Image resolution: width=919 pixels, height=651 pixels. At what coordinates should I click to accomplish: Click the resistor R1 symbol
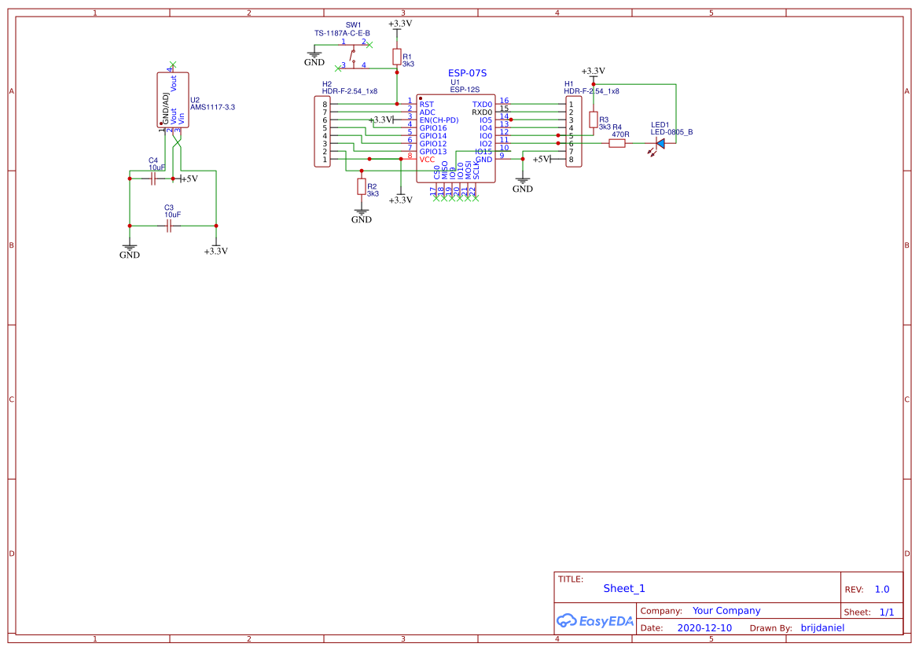point(396,57)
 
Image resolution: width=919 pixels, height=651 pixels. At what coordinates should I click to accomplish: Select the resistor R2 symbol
point(361,186)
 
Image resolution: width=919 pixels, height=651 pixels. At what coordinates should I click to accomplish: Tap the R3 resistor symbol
point(593,119)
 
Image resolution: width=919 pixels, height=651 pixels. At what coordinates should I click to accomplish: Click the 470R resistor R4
point(617,143)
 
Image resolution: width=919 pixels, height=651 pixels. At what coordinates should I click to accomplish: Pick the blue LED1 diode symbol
point(660,143)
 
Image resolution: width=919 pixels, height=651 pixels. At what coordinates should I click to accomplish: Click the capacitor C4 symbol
point(154,178)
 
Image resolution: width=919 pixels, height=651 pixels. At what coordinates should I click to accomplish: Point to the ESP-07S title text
point(467,73)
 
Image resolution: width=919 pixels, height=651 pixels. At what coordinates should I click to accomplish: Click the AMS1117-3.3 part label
point(212,107)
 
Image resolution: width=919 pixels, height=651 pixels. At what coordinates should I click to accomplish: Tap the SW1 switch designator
point(354,25)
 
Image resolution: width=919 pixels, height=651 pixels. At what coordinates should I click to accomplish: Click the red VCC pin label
point(427,160)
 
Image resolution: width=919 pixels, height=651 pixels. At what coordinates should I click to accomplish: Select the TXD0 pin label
point(482,104)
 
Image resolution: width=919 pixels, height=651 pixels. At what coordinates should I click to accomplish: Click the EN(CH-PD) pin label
point(439,120)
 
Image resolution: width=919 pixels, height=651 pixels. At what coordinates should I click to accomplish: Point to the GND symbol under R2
point(361,215)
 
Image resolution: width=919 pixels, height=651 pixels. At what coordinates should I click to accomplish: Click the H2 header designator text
point(327,83)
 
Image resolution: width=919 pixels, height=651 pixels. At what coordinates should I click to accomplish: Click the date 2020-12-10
point(704,628)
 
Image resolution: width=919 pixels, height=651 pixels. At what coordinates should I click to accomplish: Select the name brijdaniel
point(822,628)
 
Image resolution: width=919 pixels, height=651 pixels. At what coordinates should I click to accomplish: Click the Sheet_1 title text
point(624,588)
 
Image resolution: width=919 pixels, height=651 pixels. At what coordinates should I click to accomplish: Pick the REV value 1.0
point(882,589)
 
